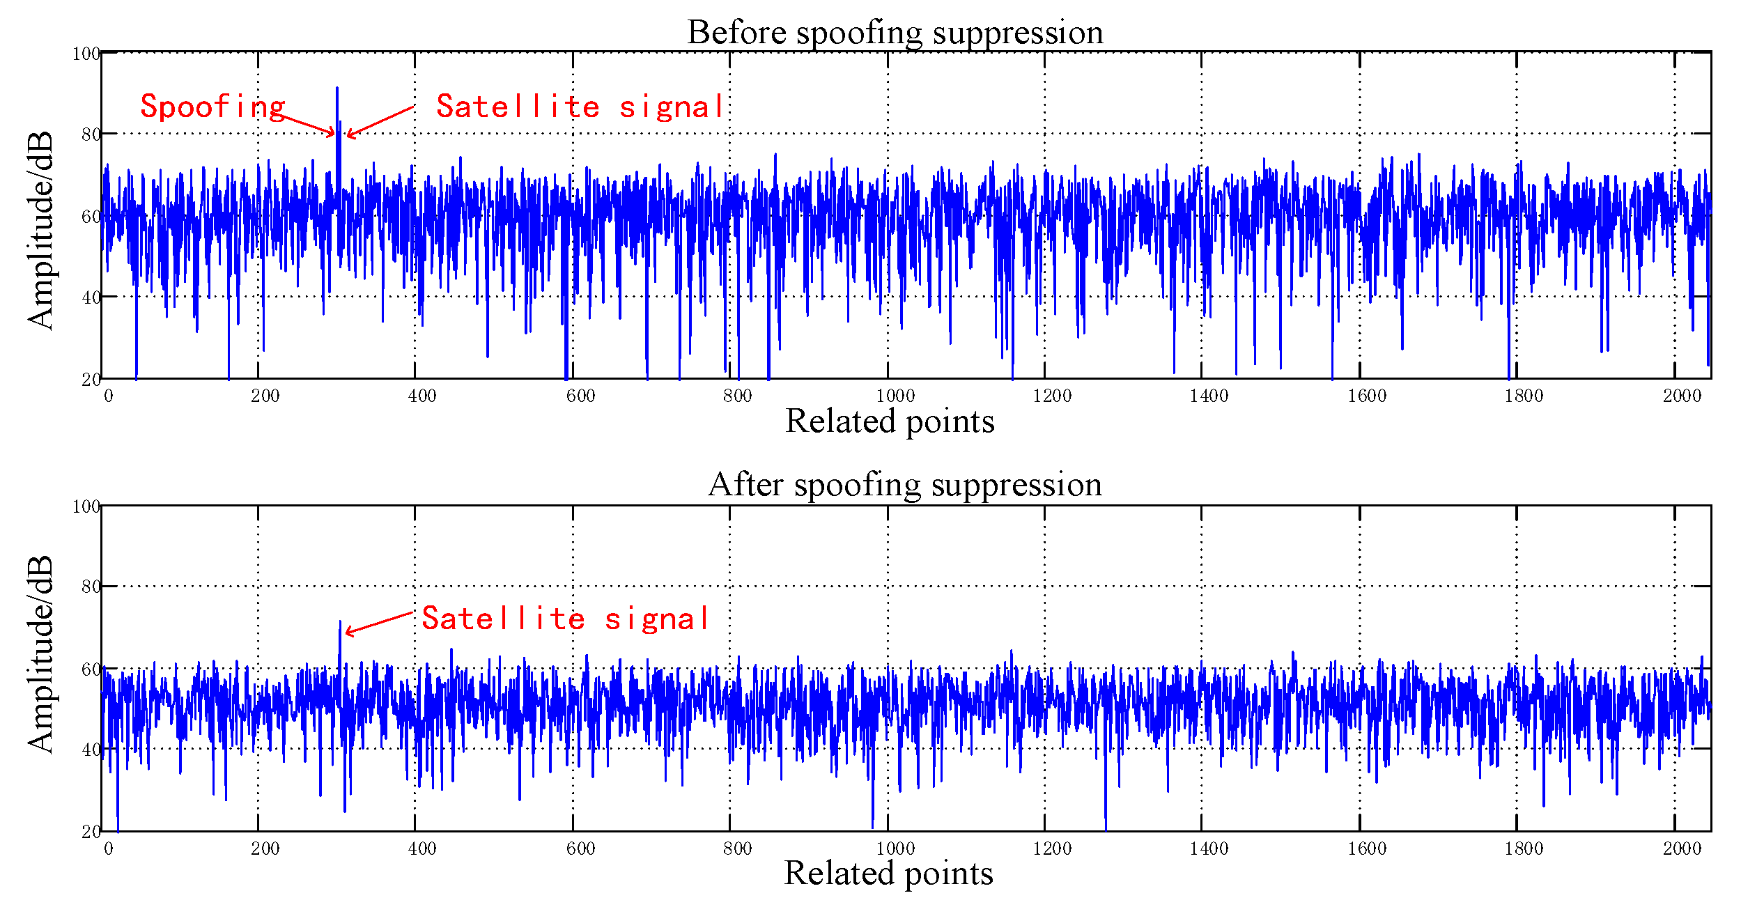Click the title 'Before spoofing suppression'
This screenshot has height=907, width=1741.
tap(895, 32)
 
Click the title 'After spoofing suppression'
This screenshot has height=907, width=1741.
tap(904, 484)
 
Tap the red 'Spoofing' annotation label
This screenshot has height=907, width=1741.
tap(212, 107)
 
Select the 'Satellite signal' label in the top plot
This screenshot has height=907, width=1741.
tap(580, 107)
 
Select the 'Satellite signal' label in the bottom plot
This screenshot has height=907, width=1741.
tap(565, 619)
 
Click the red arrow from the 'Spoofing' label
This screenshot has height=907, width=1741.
tap(307, 124)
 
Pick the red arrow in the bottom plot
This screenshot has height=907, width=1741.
tap(380, 623)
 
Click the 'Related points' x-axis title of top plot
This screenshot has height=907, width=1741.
tap(890, 421)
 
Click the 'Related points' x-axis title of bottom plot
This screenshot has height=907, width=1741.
tap(888, 873)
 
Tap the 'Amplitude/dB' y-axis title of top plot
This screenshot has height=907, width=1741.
tap(40, 230)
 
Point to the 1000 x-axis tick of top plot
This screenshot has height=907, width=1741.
tap(895, 396)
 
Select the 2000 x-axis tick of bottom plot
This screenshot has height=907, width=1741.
tap(1682, 848)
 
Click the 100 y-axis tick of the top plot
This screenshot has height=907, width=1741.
tap(86, 54)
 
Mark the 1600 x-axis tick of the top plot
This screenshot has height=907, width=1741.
tap(1367, 396)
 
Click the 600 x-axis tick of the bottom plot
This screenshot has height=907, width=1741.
tap(580, 848)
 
